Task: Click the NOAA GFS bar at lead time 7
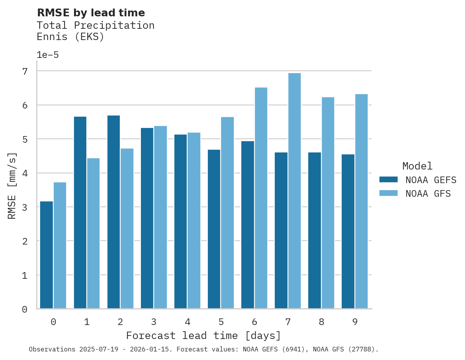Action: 294,191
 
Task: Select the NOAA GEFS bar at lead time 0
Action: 46,255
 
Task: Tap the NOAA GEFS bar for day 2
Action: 114,212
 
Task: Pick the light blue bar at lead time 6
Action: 261,198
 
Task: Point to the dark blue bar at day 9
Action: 348,231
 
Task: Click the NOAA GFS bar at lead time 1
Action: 93,233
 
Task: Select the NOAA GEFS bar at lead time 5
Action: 214,229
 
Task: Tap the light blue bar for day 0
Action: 60,245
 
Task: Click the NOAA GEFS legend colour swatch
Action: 388,180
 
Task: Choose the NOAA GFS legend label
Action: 428,194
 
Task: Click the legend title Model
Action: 417,166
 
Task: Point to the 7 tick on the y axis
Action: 25,71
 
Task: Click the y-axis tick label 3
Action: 25,207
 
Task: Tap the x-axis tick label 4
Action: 187,322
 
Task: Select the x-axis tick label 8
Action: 321,322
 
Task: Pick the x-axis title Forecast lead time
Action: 203,336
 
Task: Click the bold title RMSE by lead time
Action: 91,13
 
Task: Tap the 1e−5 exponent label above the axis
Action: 47,55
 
